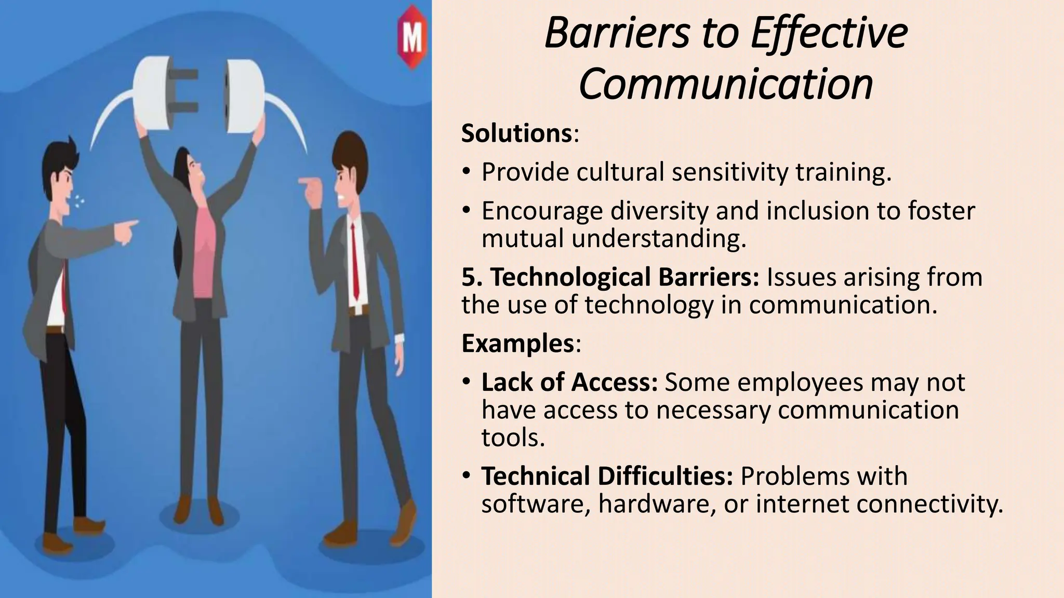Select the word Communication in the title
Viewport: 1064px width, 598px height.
(726, 84)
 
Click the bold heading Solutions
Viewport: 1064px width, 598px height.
(516, 133)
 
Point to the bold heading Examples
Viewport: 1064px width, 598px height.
(517, 343)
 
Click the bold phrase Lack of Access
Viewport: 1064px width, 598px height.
(569, 383)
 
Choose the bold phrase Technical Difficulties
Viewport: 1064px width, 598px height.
(607, 476)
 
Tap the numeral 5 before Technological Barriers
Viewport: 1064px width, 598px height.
(469, 277)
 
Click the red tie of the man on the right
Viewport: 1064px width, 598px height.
(354, 260)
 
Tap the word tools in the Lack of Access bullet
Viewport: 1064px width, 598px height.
(513, 438)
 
